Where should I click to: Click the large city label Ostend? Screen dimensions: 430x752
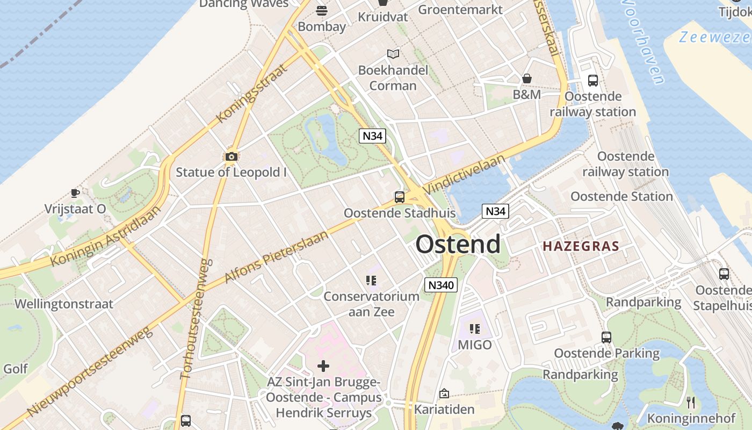pos(458,244)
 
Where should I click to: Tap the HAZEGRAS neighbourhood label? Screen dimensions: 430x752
pos(581,247)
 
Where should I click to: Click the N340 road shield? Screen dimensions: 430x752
pos(441,285)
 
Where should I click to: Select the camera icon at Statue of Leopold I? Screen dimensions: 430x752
pos(232,157)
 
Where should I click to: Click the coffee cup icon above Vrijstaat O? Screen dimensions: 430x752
pos(75,193)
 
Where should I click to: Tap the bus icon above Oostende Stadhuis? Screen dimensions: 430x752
pos(400,197)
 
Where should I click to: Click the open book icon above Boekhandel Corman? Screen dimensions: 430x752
pos(393,54)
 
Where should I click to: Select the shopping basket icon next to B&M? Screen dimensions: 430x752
pos(527,78)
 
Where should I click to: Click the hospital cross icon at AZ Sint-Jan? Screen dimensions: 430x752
pos(323,366)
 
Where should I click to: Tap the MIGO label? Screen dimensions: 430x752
pos(475,345)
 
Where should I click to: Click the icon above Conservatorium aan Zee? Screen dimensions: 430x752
pos(371,280)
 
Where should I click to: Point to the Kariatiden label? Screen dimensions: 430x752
pos(444,409)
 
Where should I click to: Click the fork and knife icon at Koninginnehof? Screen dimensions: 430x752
pos(691,402)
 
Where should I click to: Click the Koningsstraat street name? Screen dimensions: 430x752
pos(250,93)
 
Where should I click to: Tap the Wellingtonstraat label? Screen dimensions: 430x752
pos(64,304)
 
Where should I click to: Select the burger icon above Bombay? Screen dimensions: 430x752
pos(322,10)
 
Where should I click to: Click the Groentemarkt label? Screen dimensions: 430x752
pos(460,9)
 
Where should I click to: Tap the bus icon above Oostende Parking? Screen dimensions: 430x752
pos(606,338)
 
